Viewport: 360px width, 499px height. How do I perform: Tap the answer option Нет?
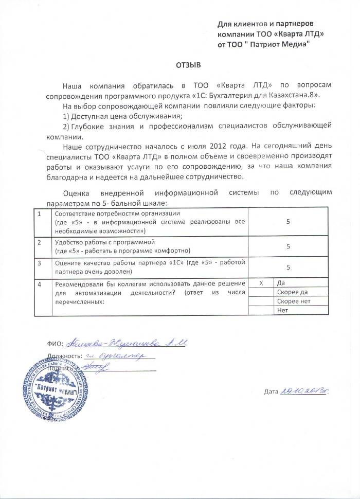click(282, 311)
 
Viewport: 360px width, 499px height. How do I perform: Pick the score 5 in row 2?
click(289, 246)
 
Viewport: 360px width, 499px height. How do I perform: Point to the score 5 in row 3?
click(289, 268)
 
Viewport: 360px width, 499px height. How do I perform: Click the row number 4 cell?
click(40, 284)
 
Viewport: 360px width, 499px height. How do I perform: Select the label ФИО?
click(54, 344)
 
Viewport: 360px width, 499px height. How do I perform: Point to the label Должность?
click(64, 356)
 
